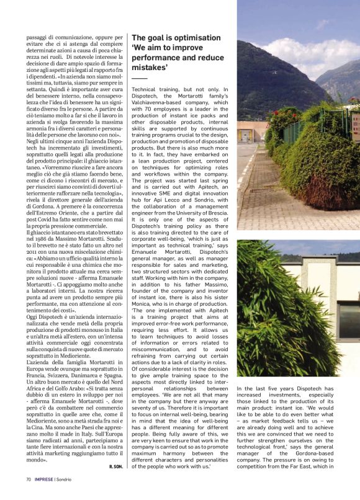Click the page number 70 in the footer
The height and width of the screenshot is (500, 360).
[29, 479]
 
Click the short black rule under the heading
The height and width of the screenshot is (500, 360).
[140, 79]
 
